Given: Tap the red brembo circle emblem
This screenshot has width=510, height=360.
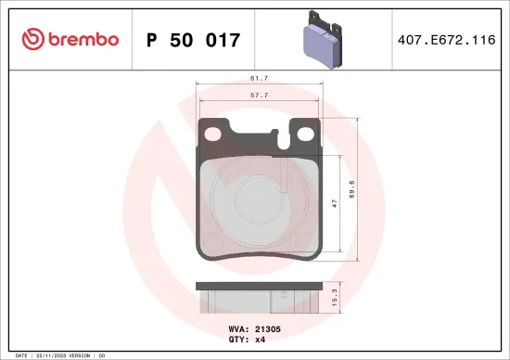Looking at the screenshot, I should [x=33, y=39].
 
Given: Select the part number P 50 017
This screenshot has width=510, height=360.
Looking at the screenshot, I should [x=194, y=40].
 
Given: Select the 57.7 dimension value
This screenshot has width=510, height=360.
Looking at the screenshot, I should [x=259, y=96].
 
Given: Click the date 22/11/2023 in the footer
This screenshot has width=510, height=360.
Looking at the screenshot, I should [x=48, y=354].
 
